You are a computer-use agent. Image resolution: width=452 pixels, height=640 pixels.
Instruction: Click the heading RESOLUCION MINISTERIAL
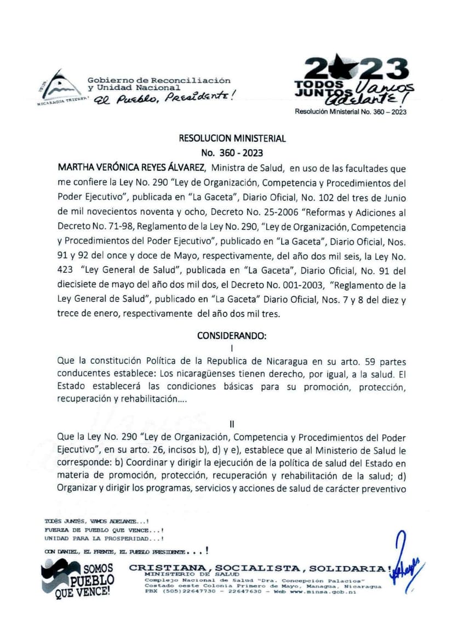point(232,139)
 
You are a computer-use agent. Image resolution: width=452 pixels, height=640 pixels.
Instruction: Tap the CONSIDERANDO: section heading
point(232,336)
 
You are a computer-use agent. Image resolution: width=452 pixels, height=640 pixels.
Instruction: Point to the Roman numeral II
point(232,424)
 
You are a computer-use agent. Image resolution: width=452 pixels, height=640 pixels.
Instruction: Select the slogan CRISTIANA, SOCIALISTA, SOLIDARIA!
point(260,568)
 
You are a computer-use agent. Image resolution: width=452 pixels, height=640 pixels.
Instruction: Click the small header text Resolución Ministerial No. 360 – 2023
point(351,111)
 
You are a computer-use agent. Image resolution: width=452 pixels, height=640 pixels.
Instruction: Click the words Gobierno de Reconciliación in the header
point(159,81)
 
